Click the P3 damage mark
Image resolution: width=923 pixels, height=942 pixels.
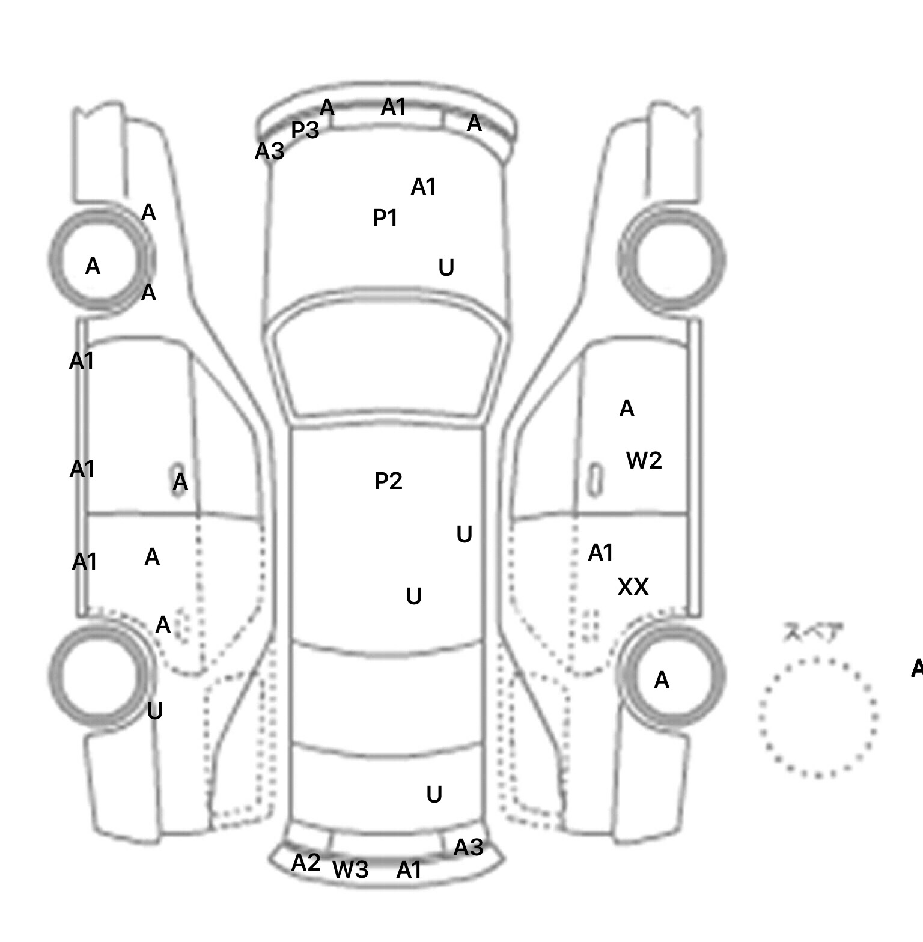tap(305, 130)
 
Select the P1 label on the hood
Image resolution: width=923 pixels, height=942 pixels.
tap(385, 218)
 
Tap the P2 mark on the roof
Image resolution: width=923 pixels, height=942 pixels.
tap(388, 481)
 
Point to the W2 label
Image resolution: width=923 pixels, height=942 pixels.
tap(644, 461)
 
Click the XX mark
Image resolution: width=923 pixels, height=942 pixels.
tap(633, 587)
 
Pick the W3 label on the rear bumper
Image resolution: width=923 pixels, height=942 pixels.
tap(350, 869)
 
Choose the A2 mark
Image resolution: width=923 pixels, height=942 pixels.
tap(306, 863)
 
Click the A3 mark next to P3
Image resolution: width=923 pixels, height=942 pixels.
tap(269, 151)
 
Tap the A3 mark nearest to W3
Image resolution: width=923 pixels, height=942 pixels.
tap(468, 848)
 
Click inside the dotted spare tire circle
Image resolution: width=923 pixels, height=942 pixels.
tap(818, 717)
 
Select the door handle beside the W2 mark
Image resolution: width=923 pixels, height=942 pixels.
tap(595, 479)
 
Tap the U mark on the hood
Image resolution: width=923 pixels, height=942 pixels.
tap(446, 268)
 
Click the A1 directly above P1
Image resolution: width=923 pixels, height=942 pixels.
tap(423, 187)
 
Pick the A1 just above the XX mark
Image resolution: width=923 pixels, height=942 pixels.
tap(600, 553)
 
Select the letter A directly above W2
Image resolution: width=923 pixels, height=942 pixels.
tap(627, 409)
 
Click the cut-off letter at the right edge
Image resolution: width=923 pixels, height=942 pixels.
tap(917, 668)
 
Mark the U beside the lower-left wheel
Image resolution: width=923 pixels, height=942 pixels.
tap(154, 711)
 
